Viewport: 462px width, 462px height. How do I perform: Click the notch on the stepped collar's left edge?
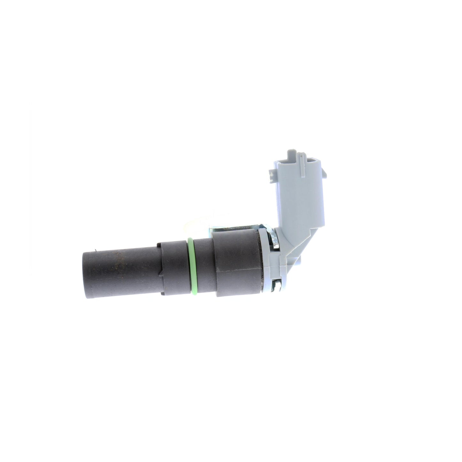click(159, 256)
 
